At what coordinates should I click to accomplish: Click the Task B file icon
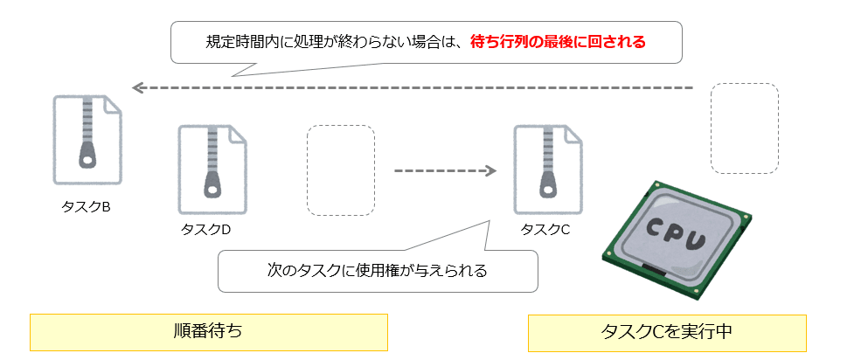(87, 140)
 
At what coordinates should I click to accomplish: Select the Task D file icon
(212, 168)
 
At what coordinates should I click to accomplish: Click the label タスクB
(86, 207)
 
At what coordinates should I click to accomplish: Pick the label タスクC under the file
(545, 229)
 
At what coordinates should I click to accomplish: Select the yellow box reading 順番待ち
(208, 331)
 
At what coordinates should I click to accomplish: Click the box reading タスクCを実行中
(667, 332)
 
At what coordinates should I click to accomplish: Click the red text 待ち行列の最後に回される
(558, 41)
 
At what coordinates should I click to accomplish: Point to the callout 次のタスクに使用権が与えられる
(377, 270)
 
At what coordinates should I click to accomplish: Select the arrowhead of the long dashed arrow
(137, 88)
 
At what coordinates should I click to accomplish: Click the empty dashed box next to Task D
(340, 170)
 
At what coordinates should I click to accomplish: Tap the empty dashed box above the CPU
(744, 128)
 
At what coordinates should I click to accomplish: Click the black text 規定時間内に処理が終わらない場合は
(332, 41)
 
